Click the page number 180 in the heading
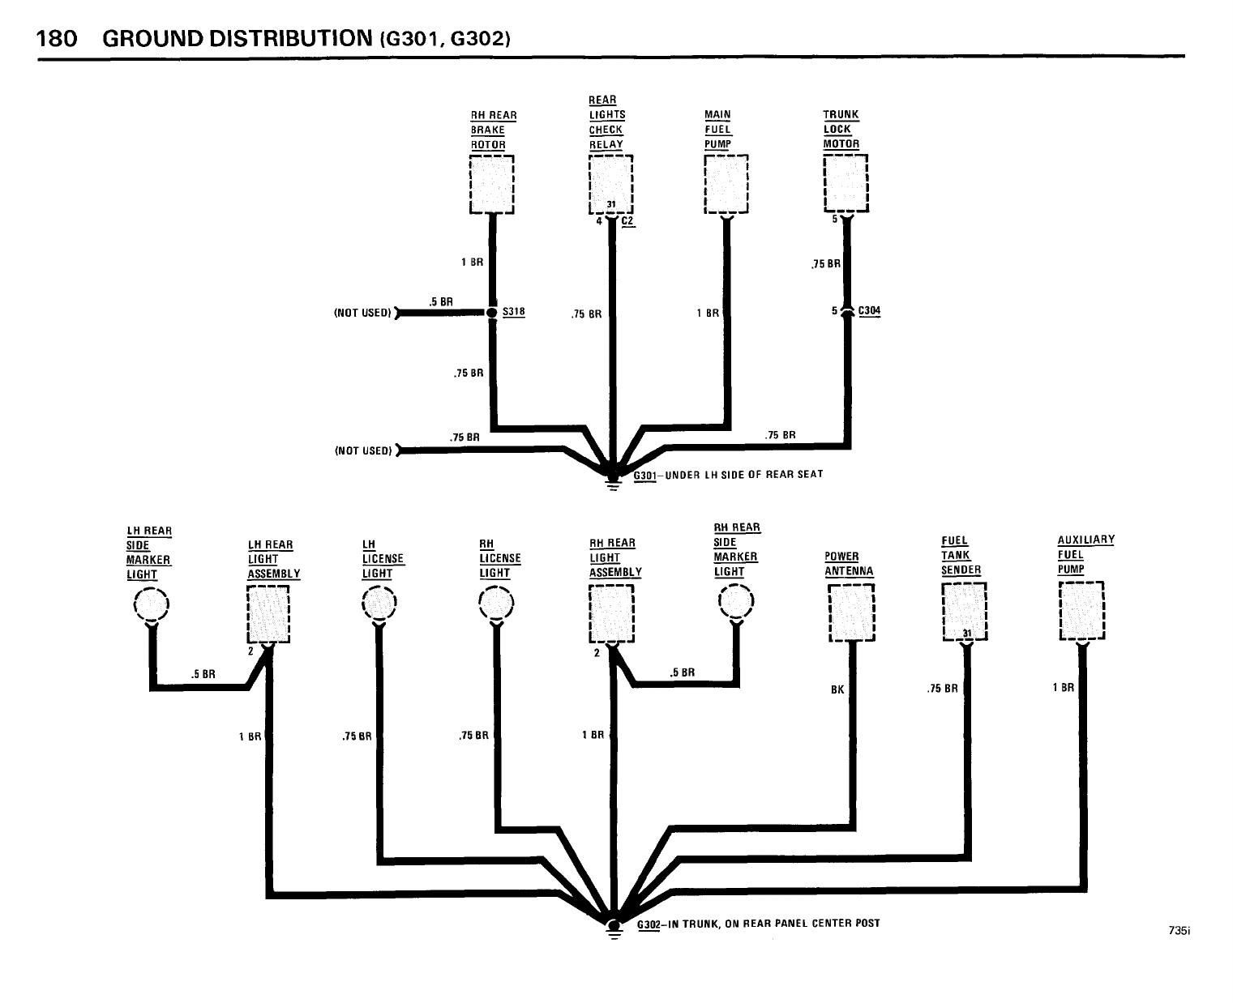pyautogui.click(x=57, y=38)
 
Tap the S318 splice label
pyautogui.click(x=513, y=311)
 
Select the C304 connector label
pyautogui.click(x=869, y=310)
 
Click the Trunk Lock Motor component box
pyautogui.click(x=846, y=183)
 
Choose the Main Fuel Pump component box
pyautogui.click(x=726, y=184)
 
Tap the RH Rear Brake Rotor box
pyautogui.click(x=491, y=184)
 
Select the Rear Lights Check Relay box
pyautogui.click(x=610, y=184)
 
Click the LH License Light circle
pyautogui.click(x=378, y=603)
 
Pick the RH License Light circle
pyautogui.click(x=496, y=603)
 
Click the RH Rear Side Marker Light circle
pyautogui.click(x=736, y=601)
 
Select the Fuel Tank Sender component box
pyautogui.click(x=964, y=611)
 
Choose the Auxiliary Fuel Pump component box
pyautogui.click(x=1082, y=610)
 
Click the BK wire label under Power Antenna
pyautogui.click(x=837, y=690)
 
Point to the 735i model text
pyautogui.click(x=1179, y=931)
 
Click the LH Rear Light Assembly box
pyautogui.click(x=268, y=613)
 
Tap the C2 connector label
pyautogui.click(x=628, y=221)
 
